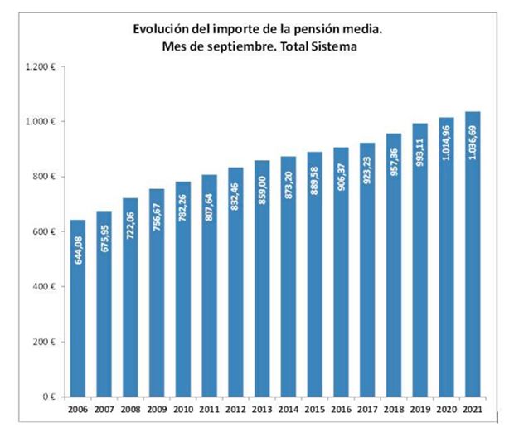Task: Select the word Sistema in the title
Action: point(335,47)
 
